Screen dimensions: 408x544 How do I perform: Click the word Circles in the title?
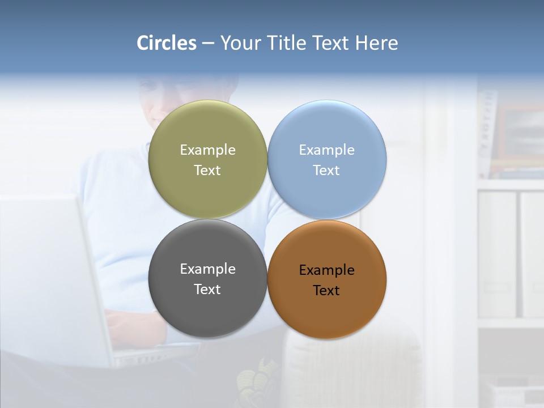point(167,43)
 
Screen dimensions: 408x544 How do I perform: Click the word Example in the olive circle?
point(207,150)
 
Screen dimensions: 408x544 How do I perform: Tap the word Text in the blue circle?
point(326,171)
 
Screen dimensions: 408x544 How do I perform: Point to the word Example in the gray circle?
point(207,269)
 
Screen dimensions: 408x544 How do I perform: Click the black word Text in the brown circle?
point(326,291)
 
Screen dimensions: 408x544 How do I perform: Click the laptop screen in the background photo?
point(45,272)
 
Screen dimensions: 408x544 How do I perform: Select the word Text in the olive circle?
point(207,171)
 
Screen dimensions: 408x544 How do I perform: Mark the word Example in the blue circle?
point(326,150)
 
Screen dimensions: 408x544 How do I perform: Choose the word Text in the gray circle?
point(207,290)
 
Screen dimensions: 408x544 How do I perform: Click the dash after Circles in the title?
point(208,44)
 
